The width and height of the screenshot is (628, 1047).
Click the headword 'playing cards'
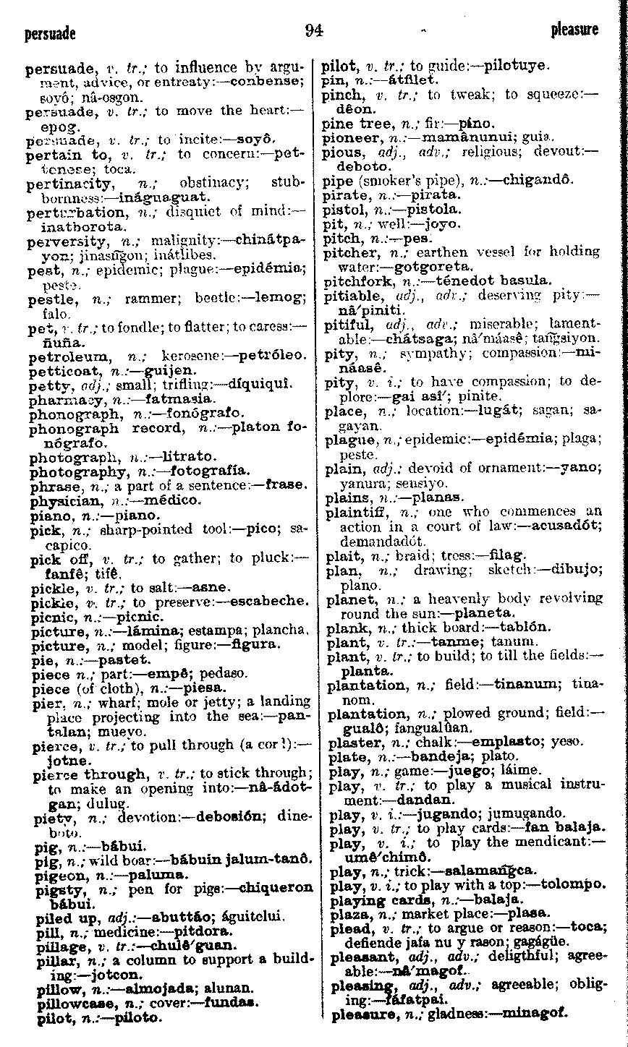pos(374,898)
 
